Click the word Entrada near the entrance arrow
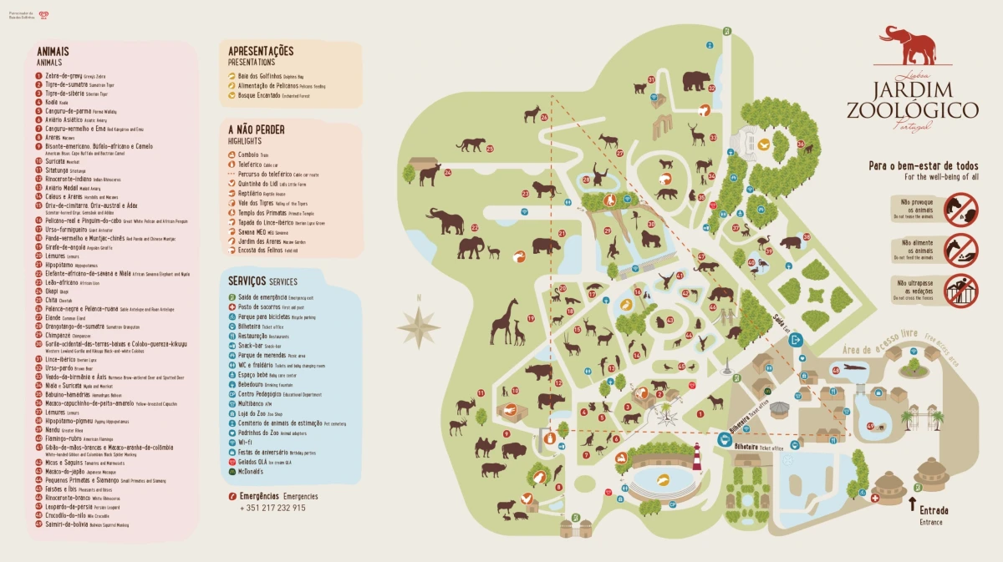(x=934, y=510)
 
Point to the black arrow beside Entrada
(x=912, y=504)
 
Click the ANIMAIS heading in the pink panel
(x=53, y=52)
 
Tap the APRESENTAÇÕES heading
(x=261, y=51)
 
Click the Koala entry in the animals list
(x=51, y=102)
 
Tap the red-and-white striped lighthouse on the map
(x=696, y=457)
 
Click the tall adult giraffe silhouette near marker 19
(x=504, y=321)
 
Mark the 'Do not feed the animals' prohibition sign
(x=961, y=247)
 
